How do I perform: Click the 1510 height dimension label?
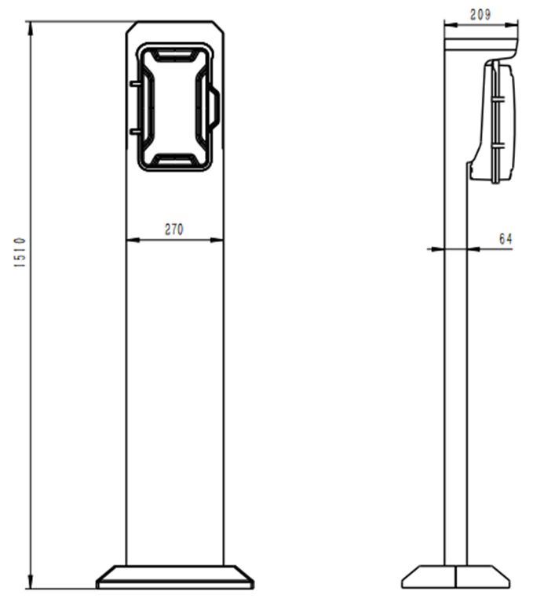click(20, 252)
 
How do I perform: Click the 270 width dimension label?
click(174, 230)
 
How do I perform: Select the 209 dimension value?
click(480, 15)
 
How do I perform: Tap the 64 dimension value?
click(506, 239)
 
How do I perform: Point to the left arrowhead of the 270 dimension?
click(133, 240)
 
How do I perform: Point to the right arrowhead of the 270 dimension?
click(217, 240)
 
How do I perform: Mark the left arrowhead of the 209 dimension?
click(451, 25)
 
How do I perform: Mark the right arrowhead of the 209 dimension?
click(511, 25)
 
